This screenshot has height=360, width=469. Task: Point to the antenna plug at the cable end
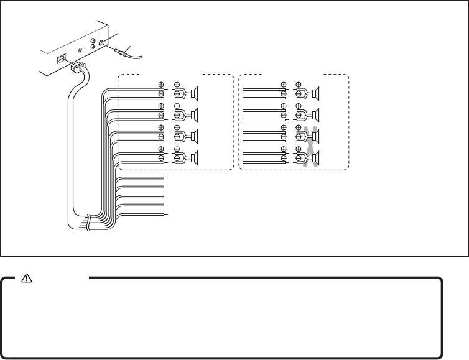128,55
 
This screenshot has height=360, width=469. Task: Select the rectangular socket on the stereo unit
62,60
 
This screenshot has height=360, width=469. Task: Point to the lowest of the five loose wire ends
165,214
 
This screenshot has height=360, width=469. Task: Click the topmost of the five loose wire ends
165,178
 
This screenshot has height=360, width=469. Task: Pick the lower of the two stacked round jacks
92,53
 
